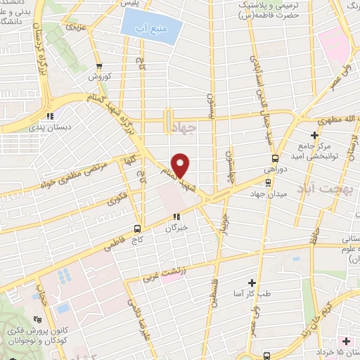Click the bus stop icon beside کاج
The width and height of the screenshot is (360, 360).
(138, 229)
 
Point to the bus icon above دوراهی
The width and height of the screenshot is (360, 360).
(275, 158)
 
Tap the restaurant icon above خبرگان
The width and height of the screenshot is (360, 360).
(176, 217)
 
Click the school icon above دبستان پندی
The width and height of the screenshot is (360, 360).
(49, 116)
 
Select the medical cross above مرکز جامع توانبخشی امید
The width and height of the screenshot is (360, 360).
(314, 135)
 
